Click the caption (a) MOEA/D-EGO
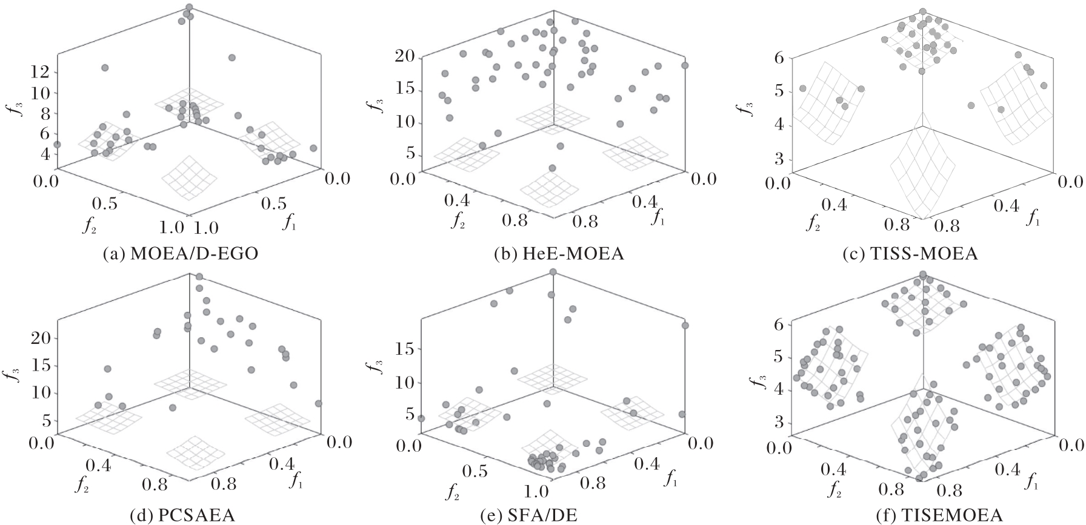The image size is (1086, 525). [180, 254]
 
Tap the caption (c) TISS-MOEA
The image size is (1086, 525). [910, 254]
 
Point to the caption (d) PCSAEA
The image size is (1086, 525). [182, 516]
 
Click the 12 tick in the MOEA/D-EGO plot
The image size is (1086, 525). [39, 73]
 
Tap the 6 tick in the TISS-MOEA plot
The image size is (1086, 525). [779, 58]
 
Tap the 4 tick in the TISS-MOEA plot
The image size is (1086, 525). [779, 126]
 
